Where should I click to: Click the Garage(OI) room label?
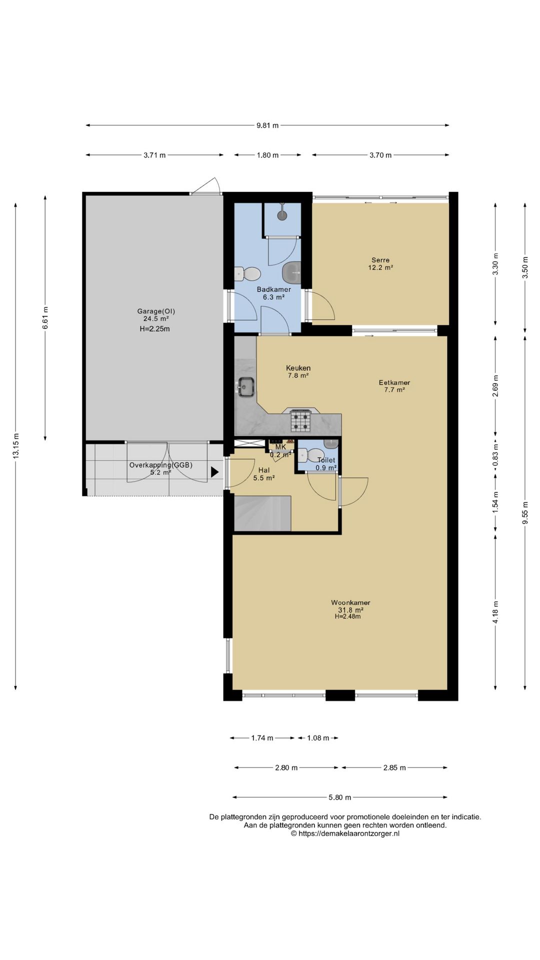coord(156,311)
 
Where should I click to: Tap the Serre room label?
coord(380,260)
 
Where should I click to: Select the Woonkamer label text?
coord(350,602)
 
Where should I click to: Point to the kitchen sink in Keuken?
coord(246,386)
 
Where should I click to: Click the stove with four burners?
coord(301,420)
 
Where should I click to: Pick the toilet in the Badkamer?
coord(247,273)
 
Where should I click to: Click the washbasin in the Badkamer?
coord(291,273)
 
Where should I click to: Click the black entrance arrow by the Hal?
coord(215,471)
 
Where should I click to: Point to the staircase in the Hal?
coord(262,513)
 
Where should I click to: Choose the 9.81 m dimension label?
coord(267,125)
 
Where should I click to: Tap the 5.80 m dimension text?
coord(340,797)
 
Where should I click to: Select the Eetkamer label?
coord(394,383)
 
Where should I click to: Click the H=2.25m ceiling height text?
coord(155,329)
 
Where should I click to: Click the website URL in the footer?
coord(345,833)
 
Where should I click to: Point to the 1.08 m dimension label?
coord(318,738)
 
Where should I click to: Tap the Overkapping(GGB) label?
coord(160,465)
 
